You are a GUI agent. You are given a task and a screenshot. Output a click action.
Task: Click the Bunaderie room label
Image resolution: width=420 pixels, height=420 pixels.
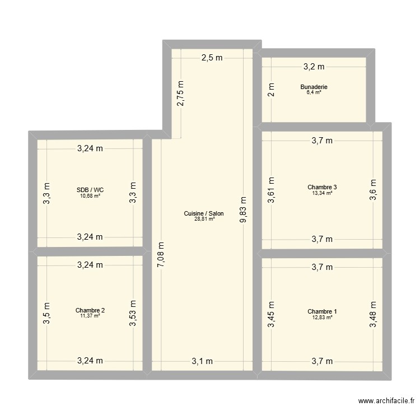[314, 87]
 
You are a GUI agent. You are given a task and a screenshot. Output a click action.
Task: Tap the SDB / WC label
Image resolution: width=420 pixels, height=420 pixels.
[90, 190]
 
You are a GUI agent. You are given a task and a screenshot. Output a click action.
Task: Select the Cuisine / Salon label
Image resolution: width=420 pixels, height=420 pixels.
[204, 213]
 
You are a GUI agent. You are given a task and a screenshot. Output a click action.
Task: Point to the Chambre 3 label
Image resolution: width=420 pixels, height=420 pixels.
[322, 187]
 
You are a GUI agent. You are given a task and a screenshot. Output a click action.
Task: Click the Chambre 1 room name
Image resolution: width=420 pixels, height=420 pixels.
[322, 311]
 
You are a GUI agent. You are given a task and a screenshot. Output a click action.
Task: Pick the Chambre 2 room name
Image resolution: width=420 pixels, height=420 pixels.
[90, 310]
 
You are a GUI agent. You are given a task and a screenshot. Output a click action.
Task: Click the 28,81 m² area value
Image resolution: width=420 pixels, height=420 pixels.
[204, 219]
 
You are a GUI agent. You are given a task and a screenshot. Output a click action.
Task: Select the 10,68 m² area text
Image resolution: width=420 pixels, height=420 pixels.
[90, 195]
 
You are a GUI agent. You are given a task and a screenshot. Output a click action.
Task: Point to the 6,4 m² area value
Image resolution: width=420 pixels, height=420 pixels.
[314, 92]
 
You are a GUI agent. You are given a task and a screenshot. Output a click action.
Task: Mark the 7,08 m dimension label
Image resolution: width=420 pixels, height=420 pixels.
[161, 255]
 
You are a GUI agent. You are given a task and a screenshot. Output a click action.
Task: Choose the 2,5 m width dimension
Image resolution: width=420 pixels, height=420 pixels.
[212, 58]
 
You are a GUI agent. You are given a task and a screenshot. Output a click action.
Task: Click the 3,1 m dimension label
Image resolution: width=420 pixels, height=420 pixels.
[202, 361]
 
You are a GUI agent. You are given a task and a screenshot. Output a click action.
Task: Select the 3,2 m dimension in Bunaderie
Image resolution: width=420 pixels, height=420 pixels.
[314, 67]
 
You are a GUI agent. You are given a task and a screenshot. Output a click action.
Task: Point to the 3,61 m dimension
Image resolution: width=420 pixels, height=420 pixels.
[271, 190]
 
